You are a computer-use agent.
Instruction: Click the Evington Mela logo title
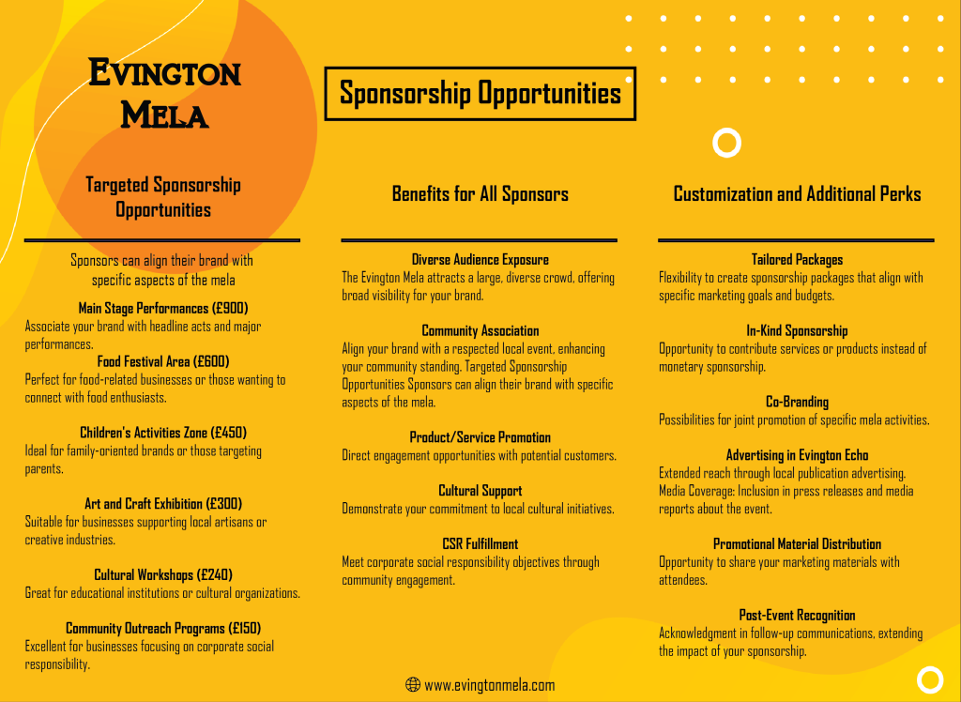pos(164,93)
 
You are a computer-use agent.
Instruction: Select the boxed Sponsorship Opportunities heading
pos(480,94)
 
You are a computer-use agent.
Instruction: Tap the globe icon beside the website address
pos(412,685)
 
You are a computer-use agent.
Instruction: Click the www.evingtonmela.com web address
pos(489,685)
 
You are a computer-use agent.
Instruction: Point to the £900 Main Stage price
pos(230,308)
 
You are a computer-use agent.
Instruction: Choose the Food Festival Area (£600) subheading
pos(163,361)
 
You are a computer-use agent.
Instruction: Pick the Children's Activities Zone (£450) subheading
pos(163,433)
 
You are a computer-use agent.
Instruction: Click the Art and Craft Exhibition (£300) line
pos(163,503)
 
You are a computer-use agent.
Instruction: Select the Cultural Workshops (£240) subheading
pos(163,574)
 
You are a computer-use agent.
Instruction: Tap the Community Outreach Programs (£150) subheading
pos(163,628)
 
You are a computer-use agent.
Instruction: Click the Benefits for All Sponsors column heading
pos(480,194)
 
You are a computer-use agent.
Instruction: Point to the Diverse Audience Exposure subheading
pos(480,259)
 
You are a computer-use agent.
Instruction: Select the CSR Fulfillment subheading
pos(480,543)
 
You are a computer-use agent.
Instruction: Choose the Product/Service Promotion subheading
pos(480,437)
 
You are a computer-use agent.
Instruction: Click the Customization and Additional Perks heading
pos(797,194)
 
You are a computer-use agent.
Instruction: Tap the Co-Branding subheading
pos(797,402)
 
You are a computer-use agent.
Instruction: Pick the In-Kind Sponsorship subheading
pos(797,330)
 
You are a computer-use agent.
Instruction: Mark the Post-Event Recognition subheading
pos(797,615)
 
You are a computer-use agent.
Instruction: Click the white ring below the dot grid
pos(726,143)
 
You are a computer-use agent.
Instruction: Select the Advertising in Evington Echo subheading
pos(797,455)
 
